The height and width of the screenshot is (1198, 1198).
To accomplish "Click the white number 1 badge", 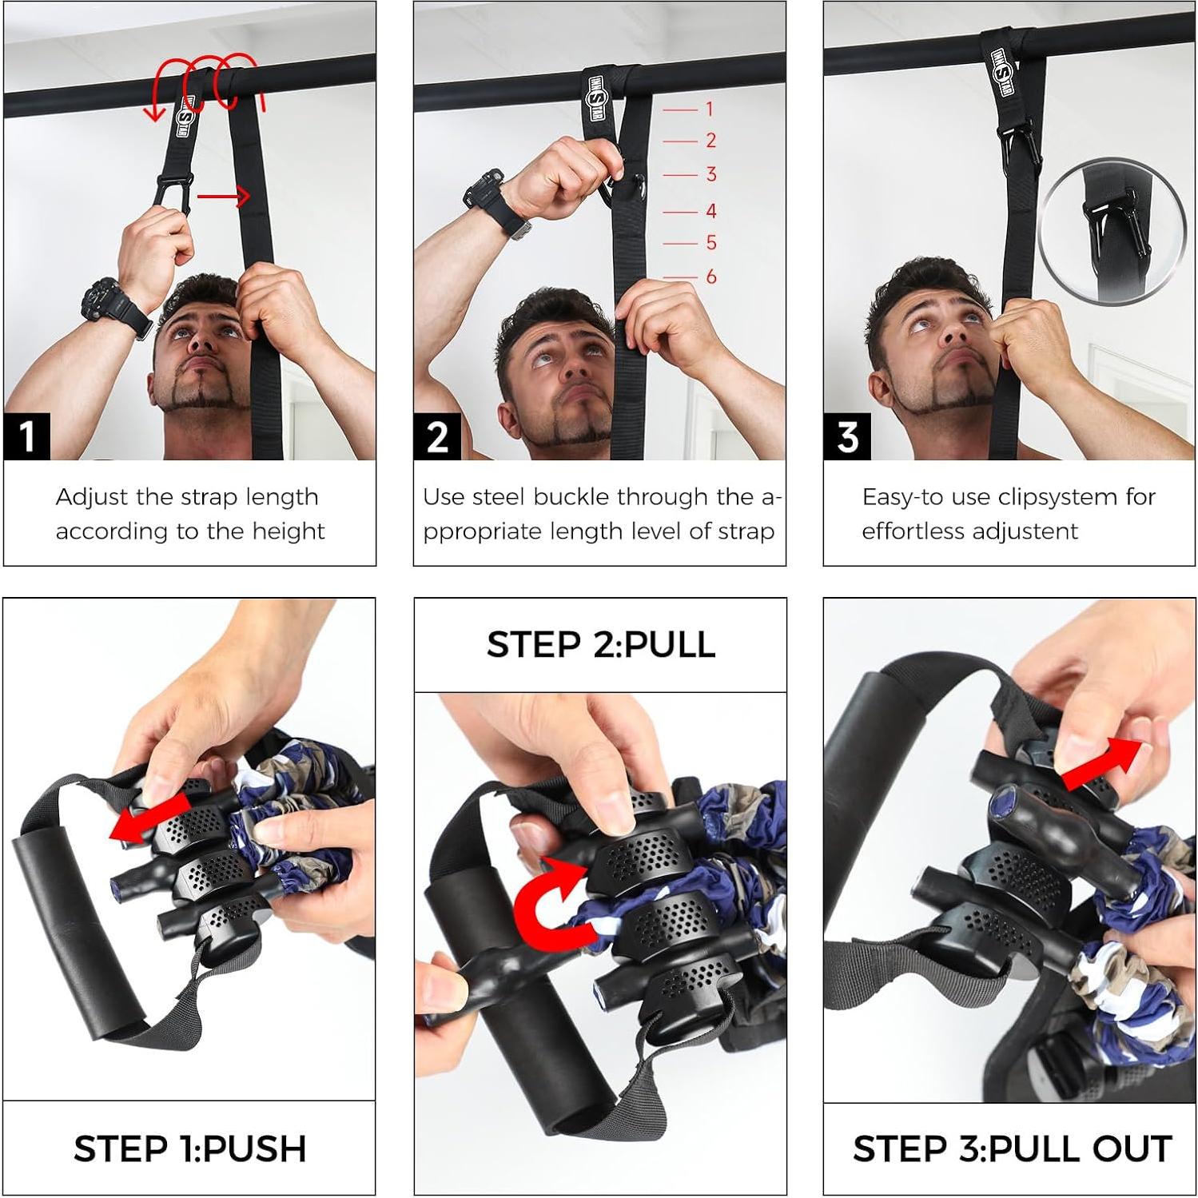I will pyautogui.click(x=26, y=436).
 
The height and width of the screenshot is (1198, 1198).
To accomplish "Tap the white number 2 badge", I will pyautogui.click(x=436, y=436).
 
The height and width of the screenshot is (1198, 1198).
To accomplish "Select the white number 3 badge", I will pyautogui.click(x=847, y=436).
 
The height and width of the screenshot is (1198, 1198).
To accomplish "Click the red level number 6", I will pyautogui.click(x=710, y=277).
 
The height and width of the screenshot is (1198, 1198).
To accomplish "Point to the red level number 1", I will pyautogui.click(x=708, y=109).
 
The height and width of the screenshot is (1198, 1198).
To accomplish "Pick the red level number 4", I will pyautogui.click(x=710, y=211).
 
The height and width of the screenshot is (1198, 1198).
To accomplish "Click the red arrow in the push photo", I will pyautogui.click(x=144, y=823).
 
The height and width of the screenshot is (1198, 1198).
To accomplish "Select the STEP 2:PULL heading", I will pyautogui.click(x=600, y=644).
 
